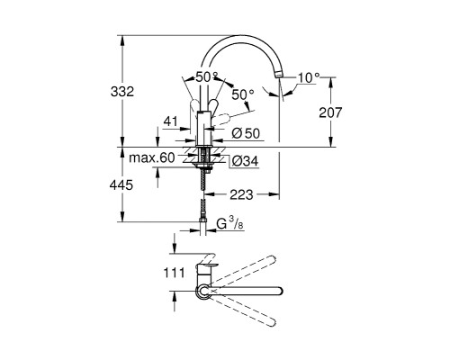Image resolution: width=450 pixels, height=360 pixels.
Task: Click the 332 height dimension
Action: [x=122, y=92]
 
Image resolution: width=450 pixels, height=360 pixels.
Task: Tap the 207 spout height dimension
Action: [x=330, y=112]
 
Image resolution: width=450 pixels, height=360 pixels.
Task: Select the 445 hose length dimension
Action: [x=121, y=185]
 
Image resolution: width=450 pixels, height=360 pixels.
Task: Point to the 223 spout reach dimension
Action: [x=241, y=195]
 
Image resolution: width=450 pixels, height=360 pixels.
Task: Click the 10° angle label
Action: [x=309, y=78]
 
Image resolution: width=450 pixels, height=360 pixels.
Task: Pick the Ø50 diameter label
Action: [x=246, y=134]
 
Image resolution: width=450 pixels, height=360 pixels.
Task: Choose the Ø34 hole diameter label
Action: [x=245, y=161]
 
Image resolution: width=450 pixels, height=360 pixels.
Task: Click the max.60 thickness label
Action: [x=151, y=157]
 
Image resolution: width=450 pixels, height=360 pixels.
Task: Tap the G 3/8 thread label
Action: [x=229, y=224]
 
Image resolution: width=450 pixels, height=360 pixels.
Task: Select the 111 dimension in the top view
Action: [x=174, y=273]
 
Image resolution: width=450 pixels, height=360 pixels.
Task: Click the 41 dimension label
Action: [x=170, y=121]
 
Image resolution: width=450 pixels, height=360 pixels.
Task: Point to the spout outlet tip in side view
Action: [x=279, y=75]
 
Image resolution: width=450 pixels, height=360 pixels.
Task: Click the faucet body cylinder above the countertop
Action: [x=204, y=129]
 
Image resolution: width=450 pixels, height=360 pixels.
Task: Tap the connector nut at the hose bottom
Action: [x=203, y=220]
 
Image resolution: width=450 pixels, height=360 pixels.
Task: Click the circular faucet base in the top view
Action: [x=204, y=291]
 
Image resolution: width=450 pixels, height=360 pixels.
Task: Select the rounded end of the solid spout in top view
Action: [x=279, y=291]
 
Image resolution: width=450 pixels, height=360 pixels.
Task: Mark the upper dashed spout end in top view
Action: [x=271, y=260]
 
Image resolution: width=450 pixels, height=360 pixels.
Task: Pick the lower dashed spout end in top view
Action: [x=271, y=322]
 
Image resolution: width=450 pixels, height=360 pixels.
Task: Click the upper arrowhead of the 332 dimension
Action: [x=122, y=40]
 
